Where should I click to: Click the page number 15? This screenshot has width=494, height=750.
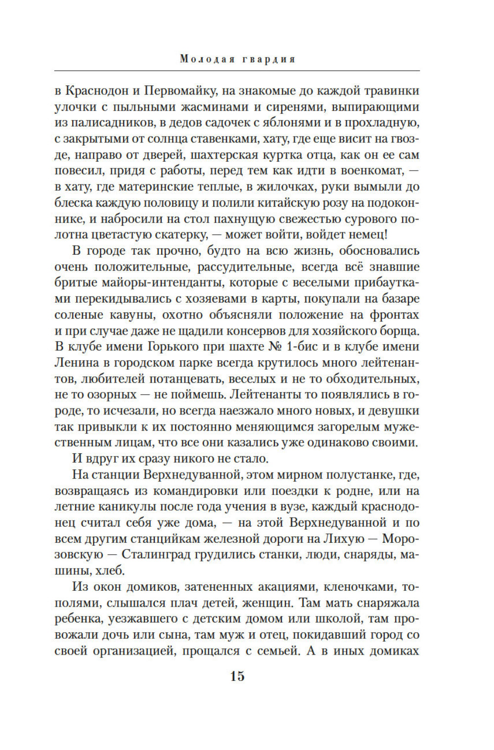[237, 676]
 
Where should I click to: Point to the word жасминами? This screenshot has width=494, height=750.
[208, 107]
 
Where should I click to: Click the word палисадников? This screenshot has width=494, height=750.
[116, 123]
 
